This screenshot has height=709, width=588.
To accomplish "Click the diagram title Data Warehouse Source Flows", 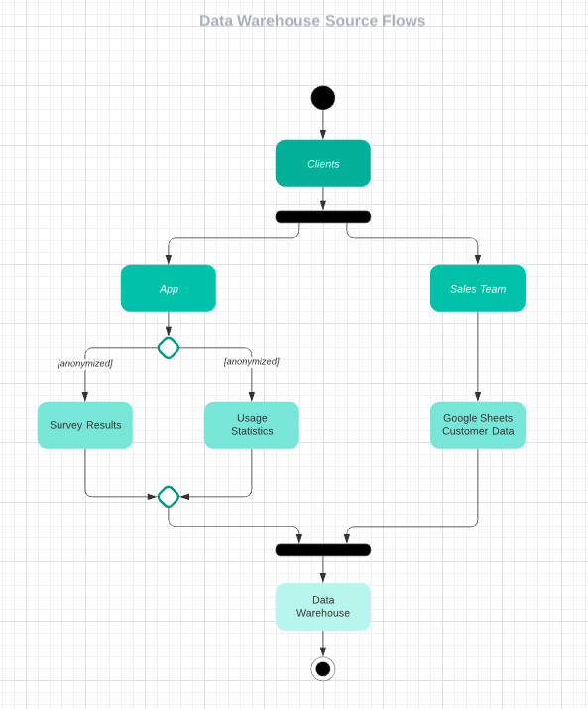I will coord(312,21).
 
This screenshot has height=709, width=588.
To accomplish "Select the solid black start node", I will coord(323,98).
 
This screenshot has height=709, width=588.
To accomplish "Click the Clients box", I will coord(323,164).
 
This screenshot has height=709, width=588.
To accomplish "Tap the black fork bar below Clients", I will coord(323,217).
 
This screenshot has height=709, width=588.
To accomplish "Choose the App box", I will coord(169,289).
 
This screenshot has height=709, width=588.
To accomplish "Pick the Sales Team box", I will coord(478,289).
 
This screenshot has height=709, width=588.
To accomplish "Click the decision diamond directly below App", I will coord(169,348).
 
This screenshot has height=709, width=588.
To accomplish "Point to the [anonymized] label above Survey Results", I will coord(85,363).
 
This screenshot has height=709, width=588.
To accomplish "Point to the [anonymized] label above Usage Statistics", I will coord(252,361).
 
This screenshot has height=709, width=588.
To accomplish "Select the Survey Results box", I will coord(85,425).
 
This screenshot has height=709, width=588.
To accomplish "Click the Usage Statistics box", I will coord(252,425).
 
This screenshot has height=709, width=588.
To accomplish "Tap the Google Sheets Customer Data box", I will coord(478,425).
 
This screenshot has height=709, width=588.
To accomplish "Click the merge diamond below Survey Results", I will coord(169,496).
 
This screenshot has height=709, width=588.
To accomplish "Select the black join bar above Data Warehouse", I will coord(323,550).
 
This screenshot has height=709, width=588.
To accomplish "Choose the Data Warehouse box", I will coord(323,607).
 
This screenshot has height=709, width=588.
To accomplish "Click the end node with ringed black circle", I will coord(323,668).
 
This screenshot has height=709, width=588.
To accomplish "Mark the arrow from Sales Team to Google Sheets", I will coord(478,357).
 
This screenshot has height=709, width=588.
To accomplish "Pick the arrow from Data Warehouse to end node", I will coord(323,644).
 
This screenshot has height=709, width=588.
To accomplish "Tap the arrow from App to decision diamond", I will coord(169,324).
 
